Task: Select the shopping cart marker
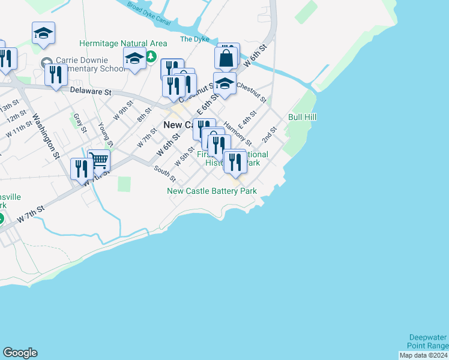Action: (x=98, y=160)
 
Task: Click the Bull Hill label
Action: (x=302, y=117)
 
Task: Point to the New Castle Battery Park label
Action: (x=212, y=191)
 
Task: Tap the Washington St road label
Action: (x=46, y=137)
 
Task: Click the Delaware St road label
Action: (x=91, y=92)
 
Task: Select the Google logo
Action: (x=20, y=353)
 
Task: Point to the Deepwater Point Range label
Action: (x=429, y=341)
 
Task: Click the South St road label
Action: (x=164, y=174)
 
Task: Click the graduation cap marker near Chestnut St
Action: (x=224, y=84)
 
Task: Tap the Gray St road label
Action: (x=80, y=121)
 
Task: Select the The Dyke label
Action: (x=194, y=40)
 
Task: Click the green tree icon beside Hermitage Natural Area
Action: (x=151, y=57)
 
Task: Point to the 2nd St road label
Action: (x=268, y=135)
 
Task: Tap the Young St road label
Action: (x=105, y=134)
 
